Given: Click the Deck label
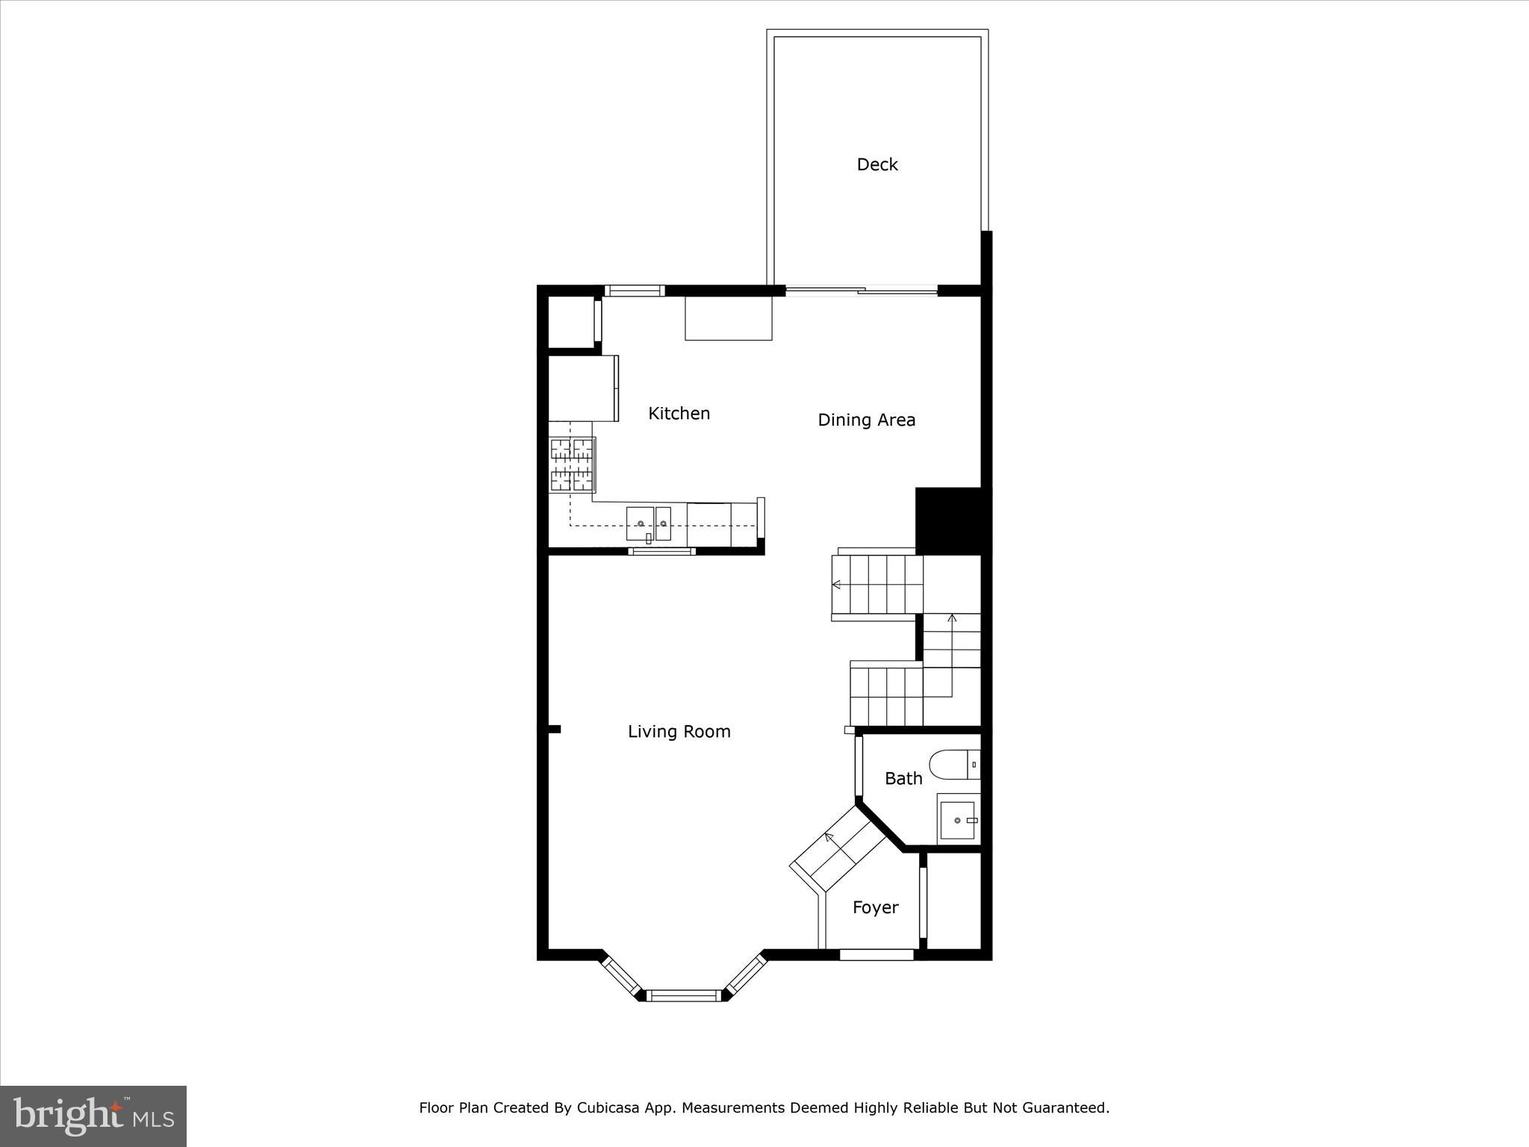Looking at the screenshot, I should click(x=876, y=164).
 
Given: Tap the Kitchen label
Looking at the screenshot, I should click(x=679, y=413).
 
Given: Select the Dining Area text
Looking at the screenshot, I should click(x=866, y=420).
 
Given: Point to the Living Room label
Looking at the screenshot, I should click(x=679, y=732).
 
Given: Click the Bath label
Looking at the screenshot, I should click(x=903, y=779).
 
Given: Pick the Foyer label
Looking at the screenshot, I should click(x=875, y=907).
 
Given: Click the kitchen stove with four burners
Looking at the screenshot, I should click(x=572, y=464).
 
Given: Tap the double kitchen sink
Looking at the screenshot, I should click(x=649, y=523).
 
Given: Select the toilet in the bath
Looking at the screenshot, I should click(x=952, y=765).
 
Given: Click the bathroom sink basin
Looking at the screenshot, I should click(x=957, y=821).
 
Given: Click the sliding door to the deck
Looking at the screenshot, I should click(x=862, y=291).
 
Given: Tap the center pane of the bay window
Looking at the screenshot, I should click(x=684, y=995).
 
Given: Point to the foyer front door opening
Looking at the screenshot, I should click(x=876, y=954).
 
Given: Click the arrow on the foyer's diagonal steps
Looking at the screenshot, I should click(x=829, y=836).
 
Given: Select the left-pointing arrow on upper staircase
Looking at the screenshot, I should click(x=837, y=585).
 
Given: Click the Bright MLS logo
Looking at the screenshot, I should click(x=93, y=1116).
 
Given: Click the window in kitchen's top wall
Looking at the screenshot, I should click(x=634, y=291).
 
